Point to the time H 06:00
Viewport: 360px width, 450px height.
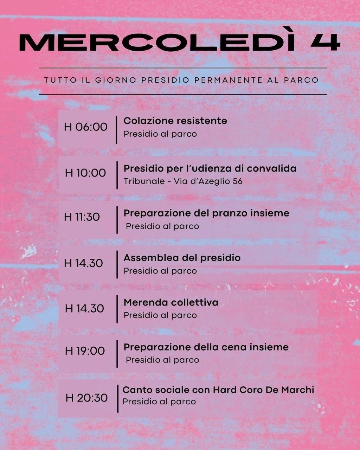85,127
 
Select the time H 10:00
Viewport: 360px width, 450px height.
85,173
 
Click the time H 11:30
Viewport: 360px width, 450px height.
82,217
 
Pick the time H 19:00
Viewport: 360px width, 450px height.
85,351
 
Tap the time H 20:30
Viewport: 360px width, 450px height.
86,398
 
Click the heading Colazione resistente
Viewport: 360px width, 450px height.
175,121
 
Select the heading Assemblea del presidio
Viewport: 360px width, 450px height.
182,258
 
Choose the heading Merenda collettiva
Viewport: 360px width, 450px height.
171,303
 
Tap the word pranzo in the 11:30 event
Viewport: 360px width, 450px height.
226,213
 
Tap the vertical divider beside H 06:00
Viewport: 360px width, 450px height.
116,130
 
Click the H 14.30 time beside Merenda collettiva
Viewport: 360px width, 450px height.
84,309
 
